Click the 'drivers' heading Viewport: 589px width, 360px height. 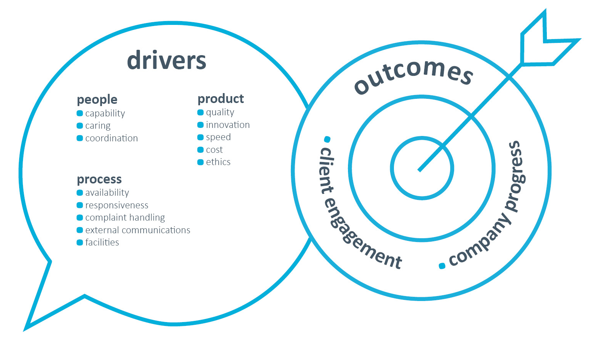pos(166,61)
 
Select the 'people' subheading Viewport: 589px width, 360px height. pos(97,100)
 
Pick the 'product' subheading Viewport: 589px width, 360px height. pos(221,99)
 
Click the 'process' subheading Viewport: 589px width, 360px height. pos(99,179)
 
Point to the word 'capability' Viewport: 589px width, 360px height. pos(105,113)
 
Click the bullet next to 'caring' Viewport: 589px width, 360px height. pos(80,126)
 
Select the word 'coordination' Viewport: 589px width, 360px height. pos(112,138)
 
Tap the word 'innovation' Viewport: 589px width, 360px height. pos(228,125)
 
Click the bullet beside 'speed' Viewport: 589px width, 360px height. pos(200,137)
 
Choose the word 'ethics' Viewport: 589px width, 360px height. pos(218,162)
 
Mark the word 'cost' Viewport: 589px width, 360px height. pos(214,150)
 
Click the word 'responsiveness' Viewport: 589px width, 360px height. pos(116,205)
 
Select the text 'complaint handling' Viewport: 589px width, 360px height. pos(125,218)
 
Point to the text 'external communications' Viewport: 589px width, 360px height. pos(138,230)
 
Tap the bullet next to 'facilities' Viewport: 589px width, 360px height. pos(80,242)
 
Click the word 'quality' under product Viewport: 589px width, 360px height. pos(220,112)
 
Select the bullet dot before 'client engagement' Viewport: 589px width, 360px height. pos(327,139)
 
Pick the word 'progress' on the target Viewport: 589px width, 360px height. pos(515,176)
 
